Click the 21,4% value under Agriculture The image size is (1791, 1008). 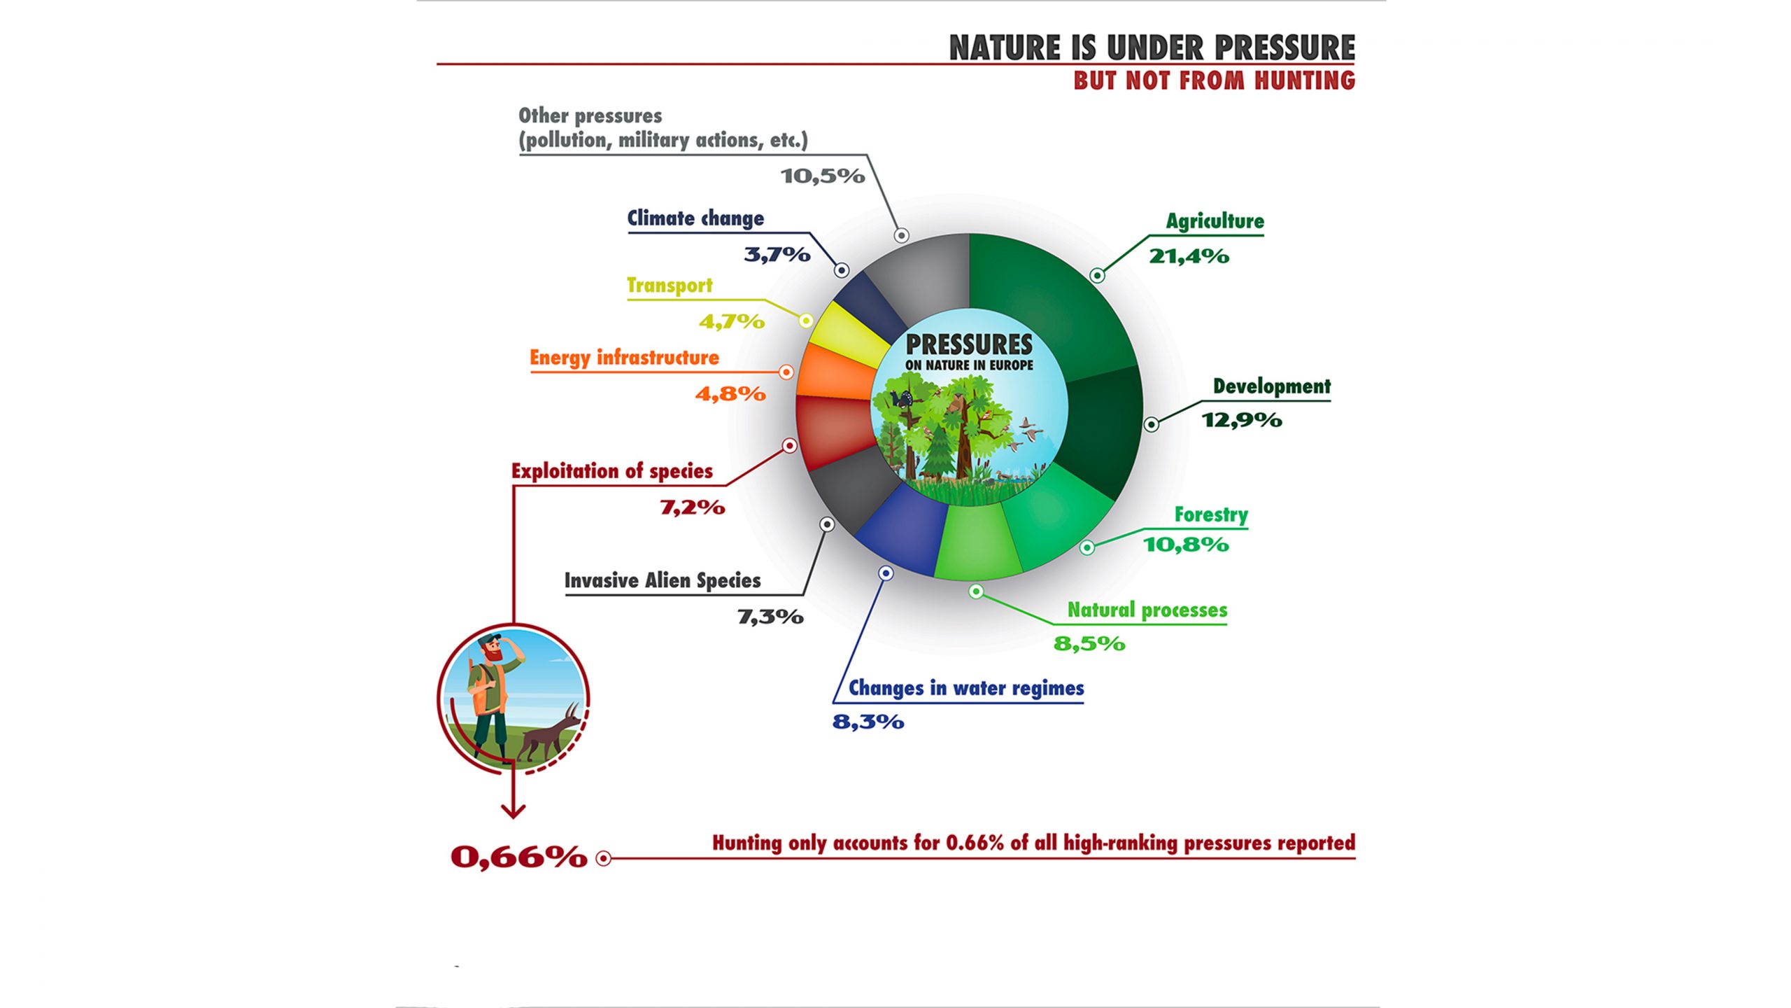click(1189, 256)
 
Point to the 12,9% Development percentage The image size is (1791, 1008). click(1242, 420)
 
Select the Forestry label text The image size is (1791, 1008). click(1211, 515)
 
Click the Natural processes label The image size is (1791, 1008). click(1147, 610)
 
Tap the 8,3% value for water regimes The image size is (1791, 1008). click(868, 722)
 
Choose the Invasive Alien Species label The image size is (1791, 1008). click(663, 581)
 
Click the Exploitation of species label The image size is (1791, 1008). click(612, 471)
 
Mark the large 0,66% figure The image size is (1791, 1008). click(519, 857)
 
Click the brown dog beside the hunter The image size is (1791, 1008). click(550, 735)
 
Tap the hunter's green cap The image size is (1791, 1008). click(489, 638)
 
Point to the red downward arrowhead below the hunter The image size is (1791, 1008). click(514, 811)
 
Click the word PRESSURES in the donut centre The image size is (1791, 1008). click(969, 344)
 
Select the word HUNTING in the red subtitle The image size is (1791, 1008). click(1305, 80)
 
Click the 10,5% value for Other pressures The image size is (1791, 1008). click(823, 176)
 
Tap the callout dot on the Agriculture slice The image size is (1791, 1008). click(1097, 276)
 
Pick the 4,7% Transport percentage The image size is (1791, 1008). click(732, 322)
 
